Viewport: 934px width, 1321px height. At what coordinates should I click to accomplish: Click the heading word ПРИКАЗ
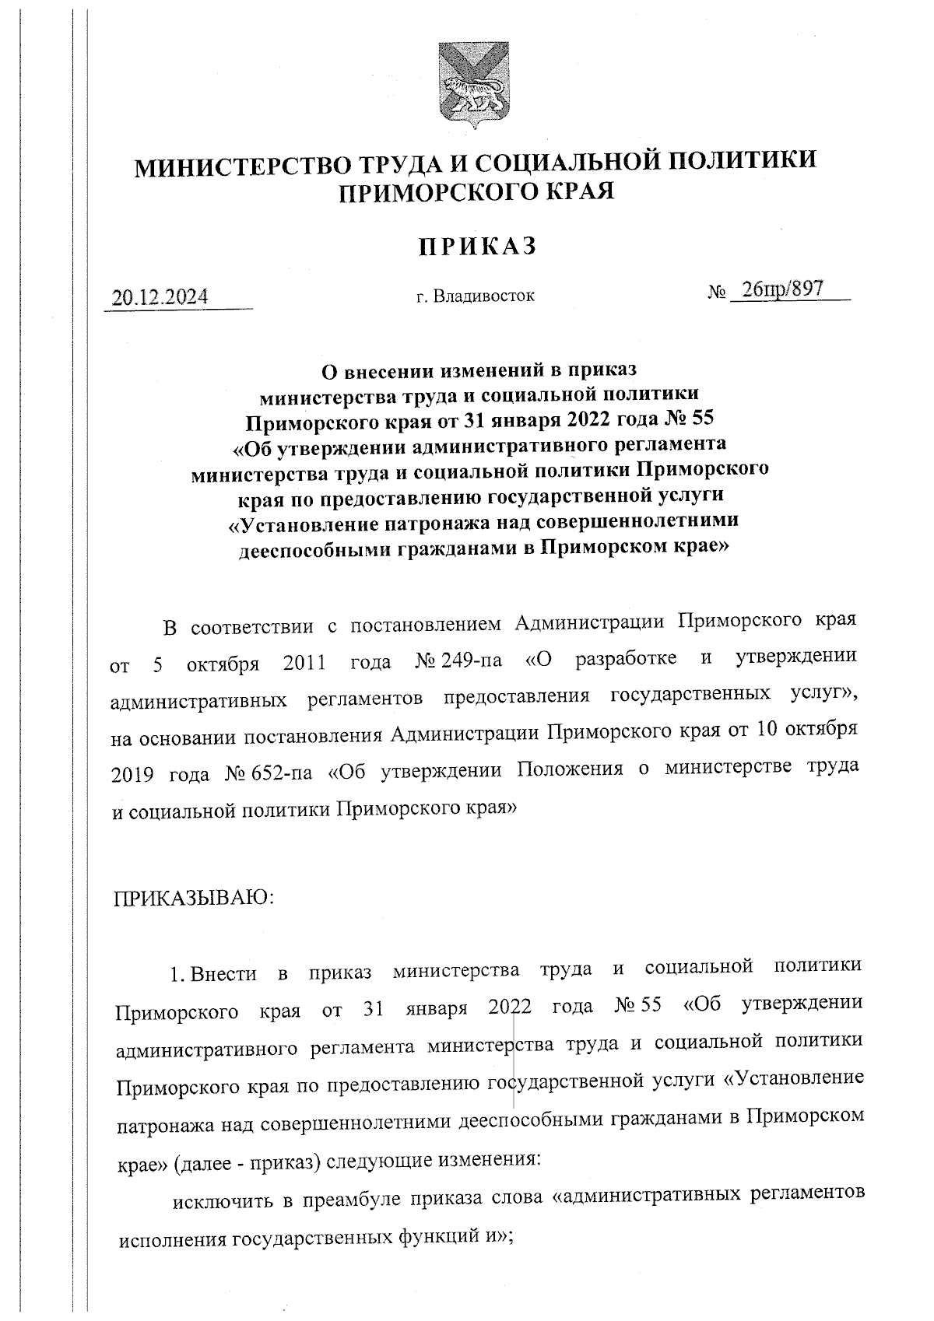478,247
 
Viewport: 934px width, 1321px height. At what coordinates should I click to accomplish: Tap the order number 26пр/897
781,289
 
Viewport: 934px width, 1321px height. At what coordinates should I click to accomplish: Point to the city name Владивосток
483,296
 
